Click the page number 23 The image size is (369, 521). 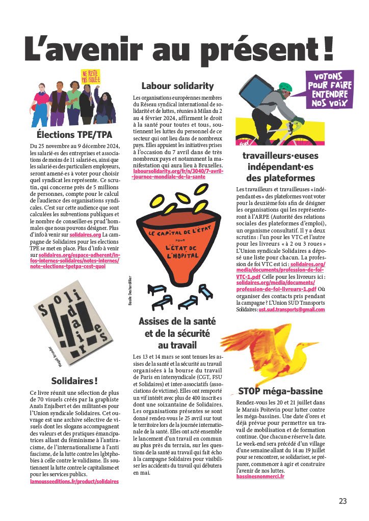coord(342,501)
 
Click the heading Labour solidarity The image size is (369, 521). coord(177,85)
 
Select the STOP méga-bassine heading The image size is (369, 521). coord(280,391)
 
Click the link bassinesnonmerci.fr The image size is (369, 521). coord(260,476)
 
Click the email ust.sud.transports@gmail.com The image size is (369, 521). coord(292,309)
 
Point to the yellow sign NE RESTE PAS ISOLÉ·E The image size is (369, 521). coord(91,77)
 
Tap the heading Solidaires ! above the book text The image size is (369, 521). coord(74,381)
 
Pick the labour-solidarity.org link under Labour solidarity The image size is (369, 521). coord(176,174)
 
